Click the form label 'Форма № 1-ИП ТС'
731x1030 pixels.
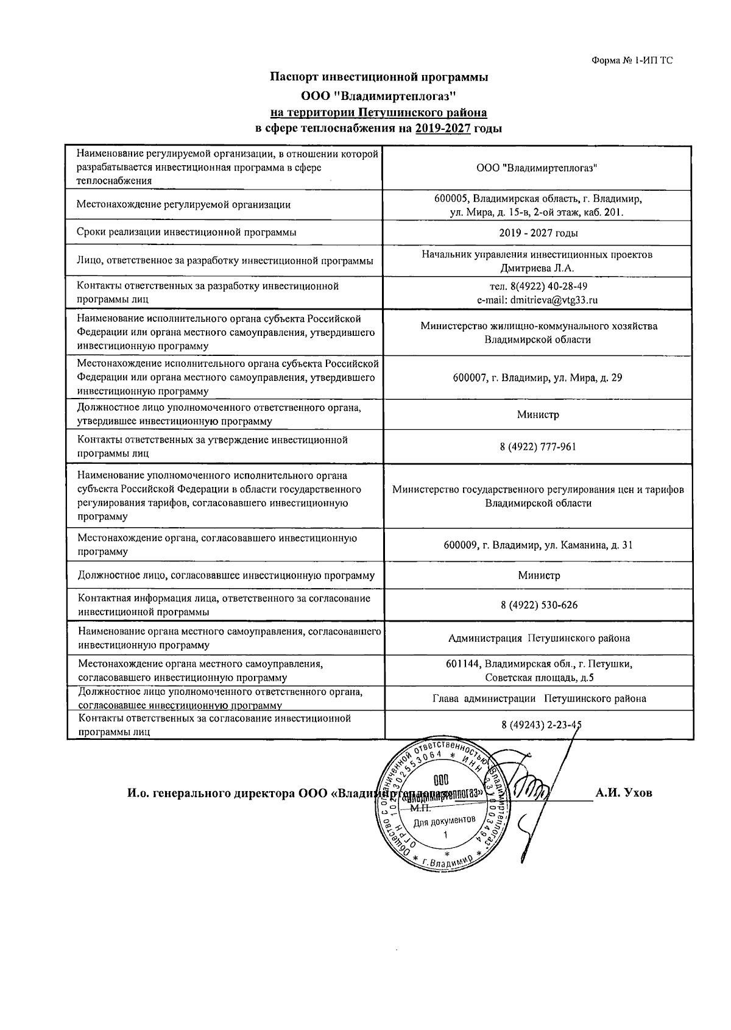(632, 60)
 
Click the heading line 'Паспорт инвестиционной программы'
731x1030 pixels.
(379, 77)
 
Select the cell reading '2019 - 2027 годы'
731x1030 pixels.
(539, 233)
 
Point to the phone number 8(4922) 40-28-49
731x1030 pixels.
(539, 286)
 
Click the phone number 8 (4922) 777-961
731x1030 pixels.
(538, 447)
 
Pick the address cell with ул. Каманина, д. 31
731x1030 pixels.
(538, 545)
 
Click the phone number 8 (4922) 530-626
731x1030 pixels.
(539, 605)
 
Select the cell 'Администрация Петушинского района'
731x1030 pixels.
(539, 638)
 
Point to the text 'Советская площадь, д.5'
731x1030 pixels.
(539, 677)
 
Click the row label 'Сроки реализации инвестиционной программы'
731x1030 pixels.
(187, 232)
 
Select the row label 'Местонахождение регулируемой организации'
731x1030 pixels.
(183, 205)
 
